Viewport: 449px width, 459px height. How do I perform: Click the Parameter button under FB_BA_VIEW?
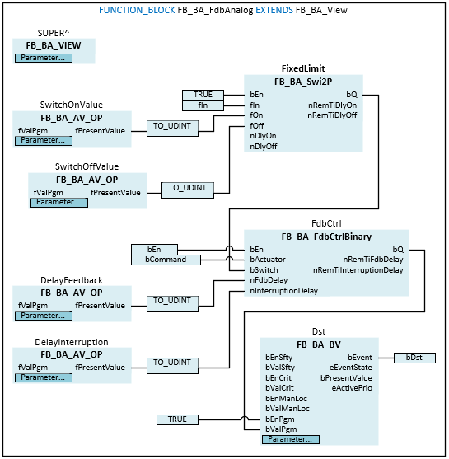(x=44, y=58)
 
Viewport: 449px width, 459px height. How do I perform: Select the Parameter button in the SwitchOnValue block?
(x=44, y=141)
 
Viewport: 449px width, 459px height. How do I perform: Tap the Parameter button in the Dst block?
(x=291, y=439)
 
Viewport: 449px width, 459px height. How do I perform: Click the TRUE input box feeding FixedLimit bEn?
(x=203, y=95)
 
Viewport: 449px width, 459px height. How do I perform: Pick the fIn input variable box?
(x=203, y=105)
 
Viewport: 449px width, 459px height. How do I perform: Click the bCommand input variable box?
(x=166, y=260)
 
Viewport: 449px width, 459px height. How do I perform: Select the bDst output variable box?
(x=414, y=358)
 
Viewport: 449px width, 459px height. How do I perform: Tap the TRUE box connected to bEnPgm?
(x=177, y=419)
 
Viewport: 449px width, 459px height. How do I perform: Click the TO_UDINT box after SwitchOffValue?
(x=188, y=190)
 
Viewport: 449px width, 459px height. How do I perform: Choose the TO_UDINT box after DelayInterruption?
(x=172, y=365)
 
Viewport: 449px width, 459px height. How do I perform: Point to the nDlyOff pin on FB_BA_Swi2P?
(x=263, y=147)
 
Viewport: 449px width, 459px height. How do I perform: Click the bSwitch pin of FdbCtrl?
(x=264, y=270)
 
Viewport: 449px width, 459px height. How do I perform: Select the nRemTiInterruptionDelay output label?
(x=358, y=270)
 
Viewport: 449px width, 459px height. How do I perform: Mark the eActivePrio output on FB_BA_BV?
(x=352, y=388)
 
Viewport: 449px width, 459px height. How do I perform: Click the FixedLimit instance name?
(x=303, y=68)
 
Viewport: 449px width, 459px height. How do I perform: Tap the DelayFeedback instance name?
(x=72, y=280)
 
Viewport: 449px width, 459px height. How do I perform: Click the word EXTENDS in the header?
(x=274, y=10)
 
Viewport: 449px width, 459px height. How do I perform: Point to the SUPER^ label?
(x=54, y=33)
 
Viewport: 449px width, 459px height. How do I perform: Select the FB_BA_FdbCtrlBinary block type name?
(x=326, y=237)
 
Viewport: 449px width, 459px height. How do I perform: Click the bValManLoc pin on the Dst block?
(x=288, y=409)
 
